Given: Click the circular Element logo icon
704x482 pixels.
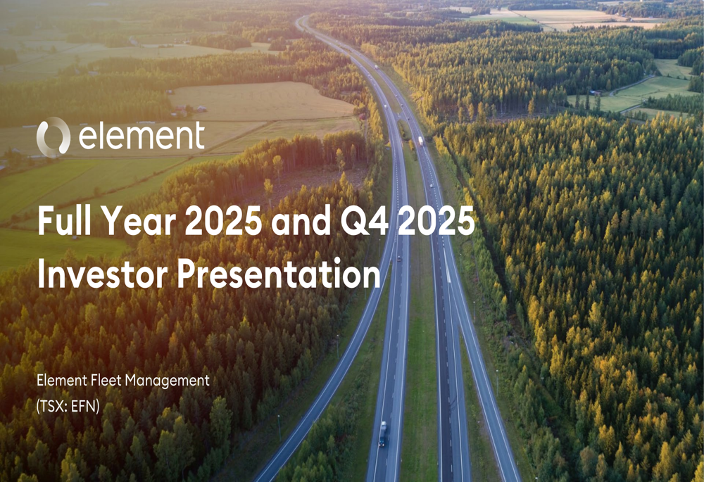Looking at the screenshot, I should point(54,137).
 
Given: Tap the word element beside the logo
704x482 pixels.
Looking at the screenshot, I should point(142,137).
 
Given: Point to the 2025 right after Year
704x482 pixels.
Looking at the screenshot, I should point(220,222).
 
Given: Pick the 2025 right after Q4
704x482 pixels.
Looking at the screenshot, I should point(436,222).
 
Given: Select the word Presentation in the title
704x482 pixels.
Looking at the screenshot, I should point(278,274).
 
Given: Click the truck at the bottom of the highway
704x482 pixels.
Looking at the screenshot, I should point(383,433).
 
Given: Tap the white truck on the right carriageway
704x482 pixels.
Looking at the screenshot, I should point(420,141).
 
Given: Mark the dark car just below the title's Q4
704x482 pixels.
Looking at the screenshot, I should point(399,258).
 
